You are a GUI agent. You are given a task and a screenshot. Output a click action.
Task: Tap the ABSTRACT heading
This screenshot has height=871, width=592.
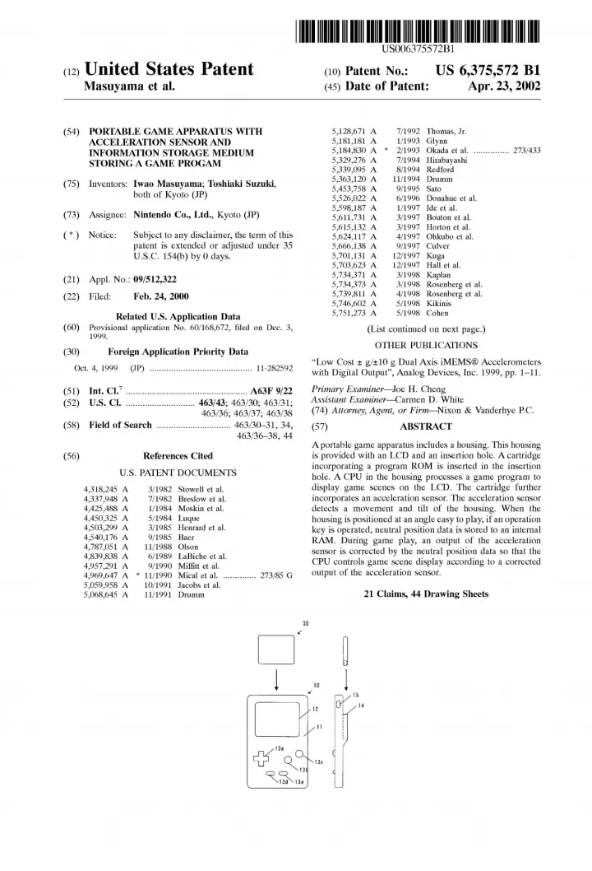[x=425, y=426]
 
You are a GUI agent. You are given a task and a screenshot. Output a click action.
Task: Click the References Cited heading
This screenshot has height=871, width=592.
[x=178, y=455]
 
